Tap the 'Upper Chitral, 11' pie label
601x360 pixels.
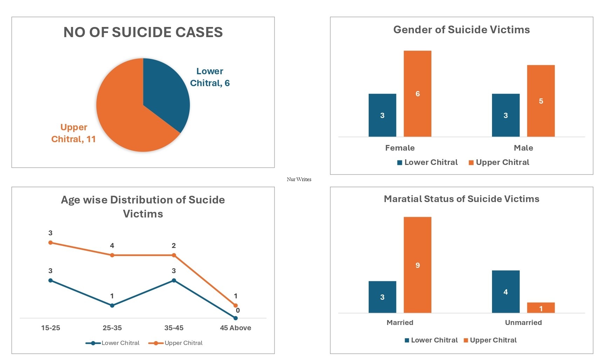(x=73, y=133)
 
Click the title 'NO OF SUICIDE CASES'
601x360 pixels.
(x=143, y=32)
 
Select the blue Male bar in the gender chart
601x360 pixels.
(x=506, y=115)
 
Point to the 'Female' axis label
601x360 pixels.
(x=400, y=148)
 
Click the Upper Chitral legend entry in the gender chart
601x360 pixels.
(x=499, y=162)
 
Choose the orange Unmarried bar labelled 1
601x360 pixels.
(x=541, y=308)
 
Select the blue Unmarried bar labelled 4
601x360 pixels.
(x=506, y=291)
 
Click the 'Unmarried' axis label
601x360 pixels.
(x=523, y=323)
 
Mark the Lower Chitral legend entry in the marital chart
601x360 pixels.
(x=431, y=340)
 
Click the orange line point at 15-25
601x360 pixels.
(x=50, y=242)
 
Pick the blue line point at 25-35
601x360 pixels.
(x=112, y=305)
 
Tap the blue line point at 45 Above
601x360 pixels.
(x=235, y=318)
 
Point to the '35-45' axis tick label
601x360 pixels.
(x=174, y=328)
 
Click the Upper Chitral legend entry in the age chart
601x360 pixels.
(x=176, y=343)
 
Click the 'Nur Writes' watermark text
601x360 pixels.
(x=299, y=179)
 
